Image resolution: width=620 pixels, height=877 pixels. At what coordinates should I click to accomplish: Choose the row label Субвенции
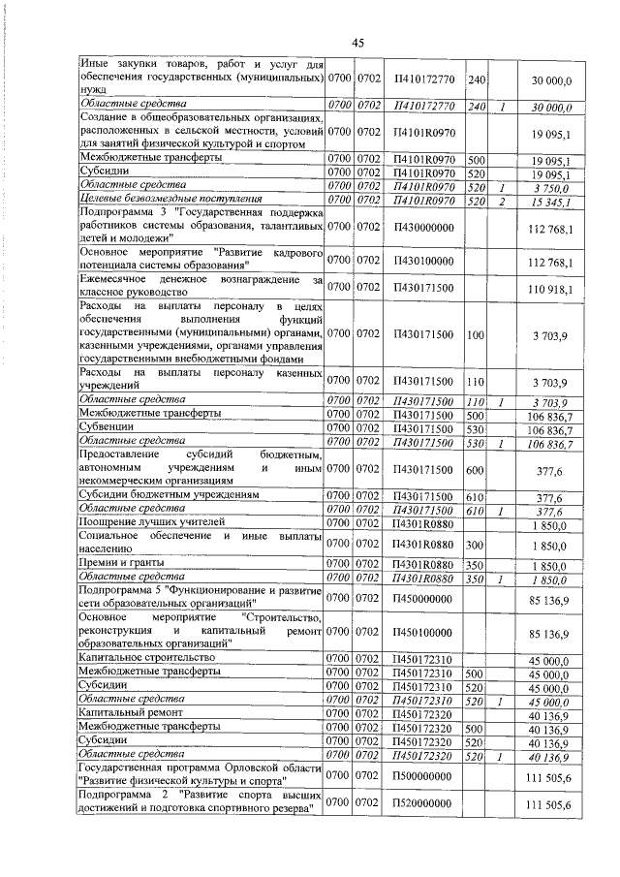pyautogui.click(x=109, y=427)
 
